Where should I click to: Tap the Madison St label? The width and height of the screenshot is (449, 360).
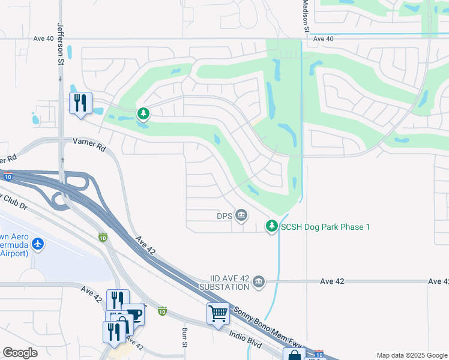pos(306,16)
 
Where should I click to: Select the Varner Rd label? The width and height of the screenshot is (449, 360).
pos(89,142)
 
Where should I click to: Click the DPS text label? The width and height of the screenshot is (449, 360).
pos(224,215)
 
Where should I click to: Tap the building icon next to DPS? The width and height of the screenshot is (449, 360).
pos(241,215)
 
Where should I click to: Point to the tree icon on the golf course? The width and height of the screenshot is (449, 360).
pos(143,113)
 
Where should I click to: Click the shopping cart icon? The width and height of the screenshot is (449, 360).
pos(218,313)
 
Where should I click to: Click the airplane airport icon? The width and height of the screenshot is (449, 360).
pos(38,244)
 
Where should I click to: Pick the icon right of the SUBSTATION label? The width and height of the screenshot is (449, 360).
pos(259,281)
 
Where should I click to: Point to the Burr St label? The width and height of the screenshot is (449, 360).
pos(184,338)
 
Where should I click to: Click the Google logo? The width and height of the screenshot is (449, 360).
pos(20,353)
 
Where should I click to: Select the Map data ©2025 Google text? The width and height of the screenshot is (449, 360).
pos(411,355)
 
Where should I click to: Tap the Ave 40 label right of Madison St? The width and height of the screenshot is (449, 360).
pos(323,39)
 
